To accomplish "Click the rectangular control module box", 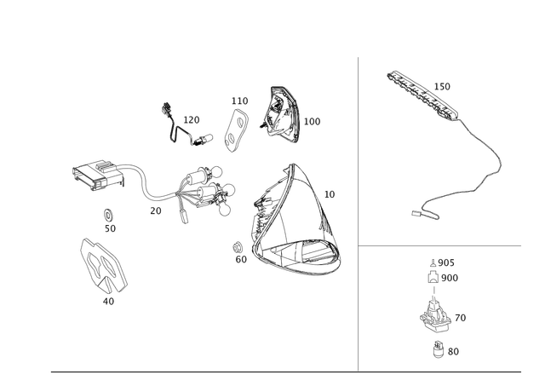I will coord(95,176).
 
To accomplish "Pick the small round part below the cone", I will coord(439,346).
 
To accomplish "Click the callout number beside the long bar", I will coord(444,85).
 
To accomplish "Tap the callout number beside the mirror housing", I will coord(313,121).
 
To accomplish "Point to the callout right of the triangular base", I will coord(331,194).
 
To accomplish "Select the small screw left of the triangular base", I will coord(236,248).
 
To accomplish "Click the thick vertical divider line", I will coord(359,213).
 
